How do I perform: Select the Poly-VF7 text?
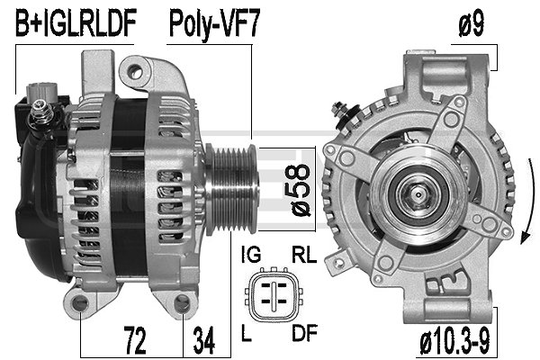point(214,24)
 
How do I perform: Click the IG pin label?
point(251,255)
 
